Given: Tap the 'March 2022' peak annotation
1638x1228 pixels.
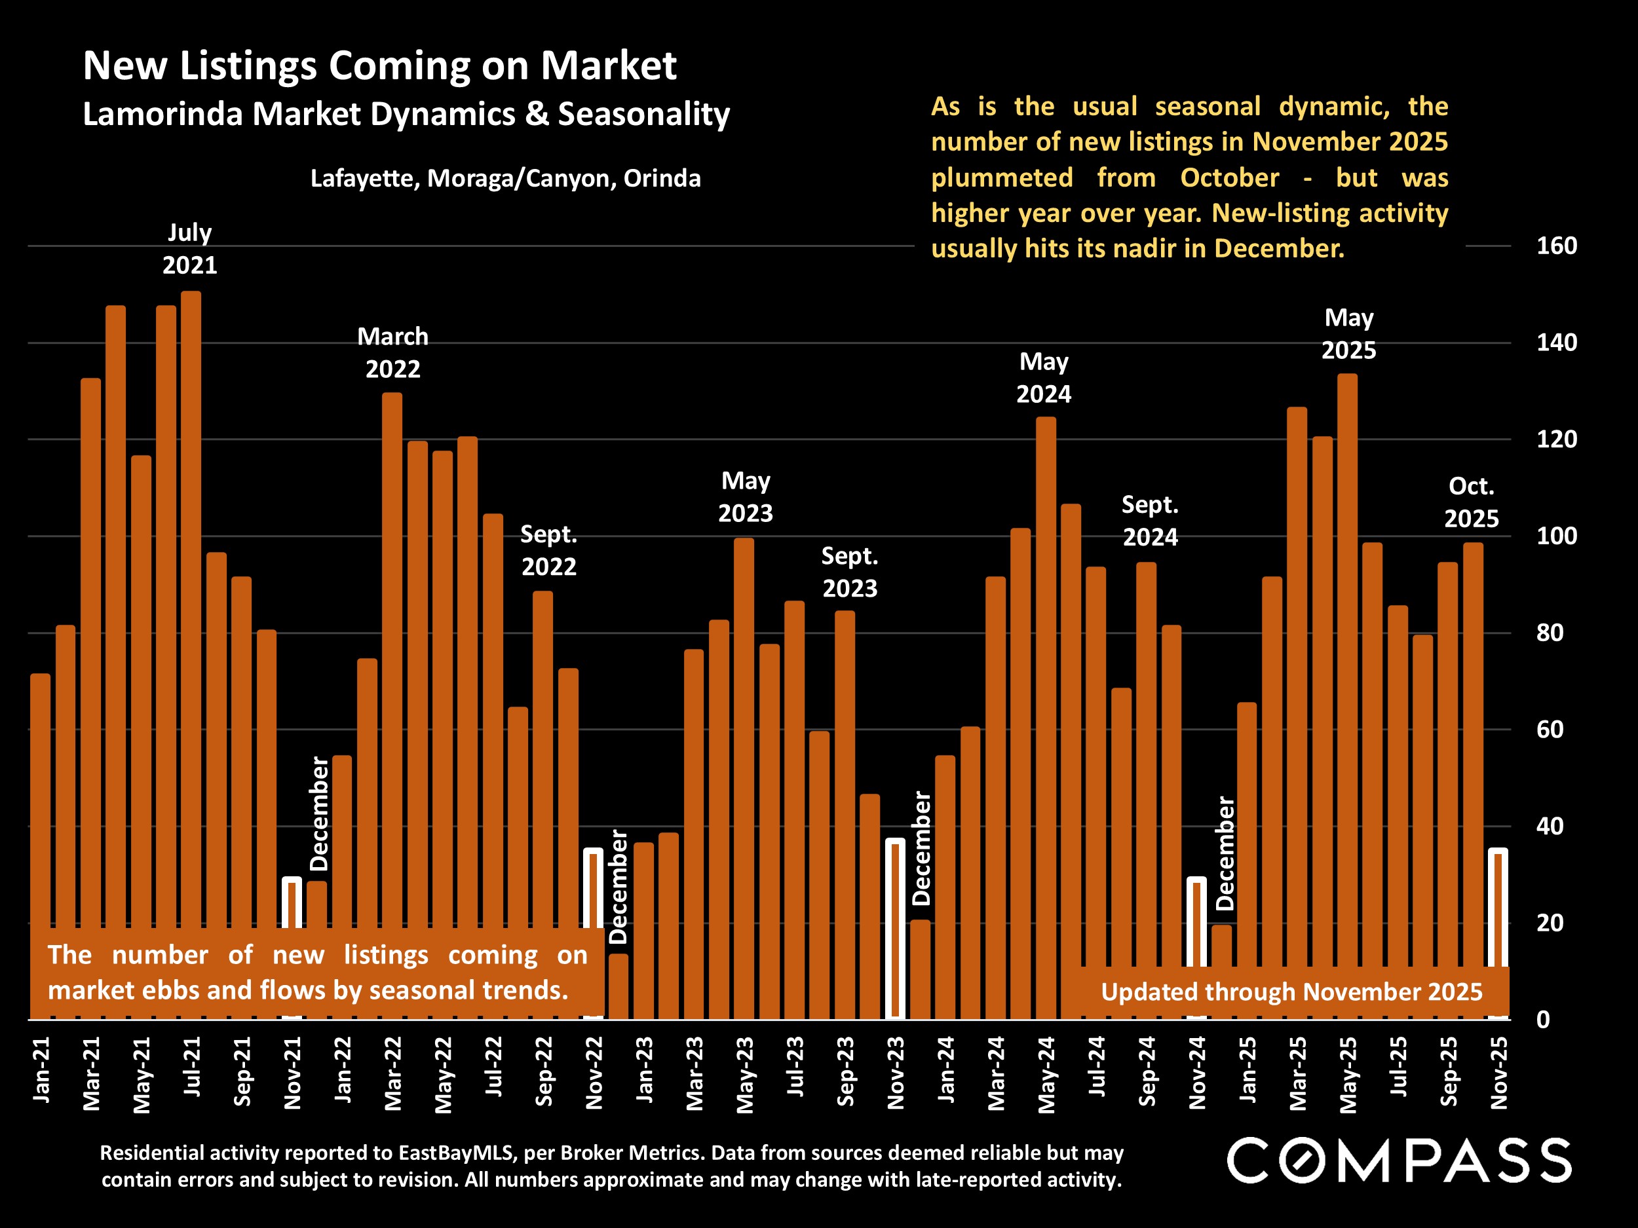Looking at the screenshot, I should click(392, 353).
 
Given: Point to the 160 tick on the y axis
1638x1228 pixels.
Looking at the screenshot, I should click(1556, 246).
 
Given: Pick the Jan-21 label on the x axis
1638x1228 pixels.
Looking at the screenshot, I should click(42, 1070).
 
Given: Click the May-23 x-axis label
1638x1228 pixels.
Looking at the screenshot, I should click(745, 1074).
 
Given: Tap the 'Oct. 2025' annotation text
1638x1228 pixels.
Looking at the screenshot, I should click(1471, 502).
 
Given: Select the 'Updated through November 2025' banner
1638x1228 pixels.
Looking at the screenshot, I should click(1291, 992).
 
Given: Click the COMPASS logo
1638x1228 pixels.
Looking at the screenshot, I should click(1399, 1161).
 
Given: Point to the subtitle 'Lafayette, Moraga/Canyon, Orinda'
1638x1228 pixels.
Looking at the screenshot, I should click(505, 178).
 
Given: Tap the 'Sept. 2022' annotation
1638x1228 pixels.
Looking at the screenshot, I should click(548, 550).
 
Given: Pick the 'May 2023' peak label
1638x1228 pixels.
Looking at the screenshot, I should click(746, 496).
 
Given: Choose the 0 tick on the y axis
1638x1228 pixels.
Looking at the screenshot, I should click(1542, 1020).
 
